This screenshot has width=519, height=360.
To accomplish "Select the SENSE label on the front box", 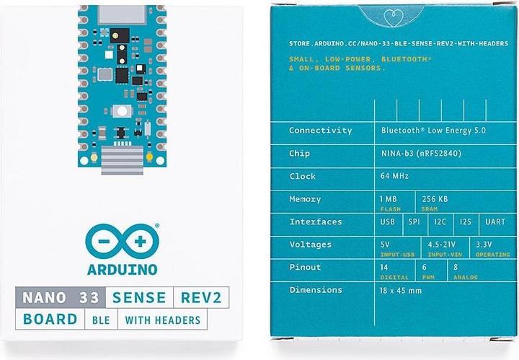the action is (138, 297).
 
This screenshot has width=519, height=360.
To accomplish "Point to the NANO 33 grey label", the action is (61, 297).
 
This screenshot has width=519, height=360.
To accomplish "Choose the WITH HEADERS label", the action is (162, 320).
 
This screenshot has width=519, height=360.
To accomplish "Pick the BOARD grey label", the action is (50, 320).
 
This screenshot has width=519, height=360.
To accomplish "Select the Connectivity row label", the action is (320, 131).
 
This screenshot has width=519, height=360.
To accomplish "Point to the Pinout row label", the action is (306, 267).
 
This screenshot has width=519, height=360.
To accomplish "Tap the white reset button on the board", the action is (122, 111).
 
